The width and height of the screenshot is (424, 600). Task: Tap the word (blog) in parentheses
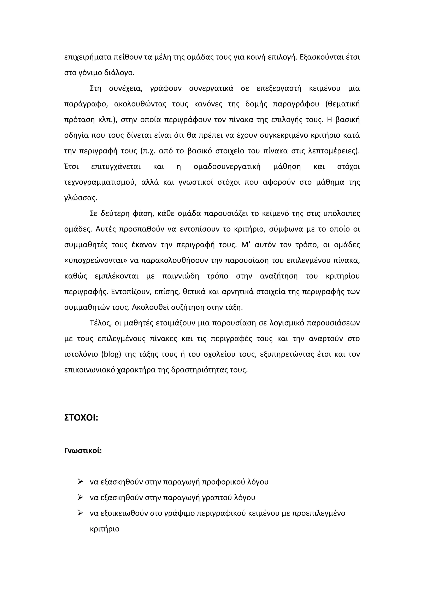tap(111, 354)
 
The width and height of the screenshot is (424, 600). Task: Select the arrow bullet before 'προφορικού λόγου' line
tap(80, 481)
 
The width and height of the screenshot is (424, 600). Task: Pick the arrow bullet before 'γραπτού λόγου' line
tap(80, 497)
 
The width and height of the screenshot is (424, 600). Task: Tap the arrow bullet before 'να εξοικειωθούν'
tap(80, 513)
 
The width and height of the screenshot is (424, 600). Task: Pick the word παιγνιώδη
tap(181, 276)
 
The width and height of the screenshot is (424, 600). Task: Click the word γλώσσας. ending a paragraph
tap(81, 198)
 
